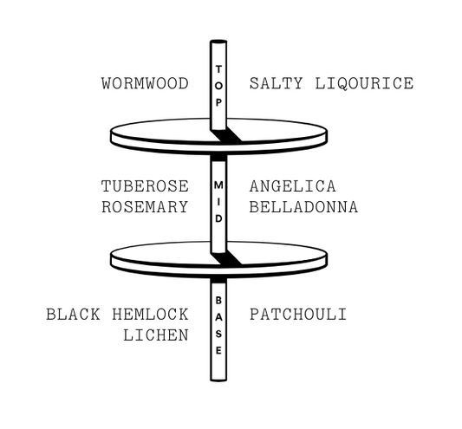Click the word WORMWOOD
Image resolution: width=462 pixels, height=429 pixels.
[x=145, y=83]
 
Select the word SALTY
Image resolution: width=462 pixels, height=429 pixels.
[x=277, y=83]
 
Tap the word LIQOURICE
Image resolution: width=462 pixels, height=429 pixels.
[x=364, y=84]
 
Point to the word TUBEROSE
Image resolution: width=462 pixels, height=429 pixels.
[x=145, y=186]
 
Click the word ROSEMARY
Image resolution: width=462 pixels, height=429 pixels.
[x=145, y=207]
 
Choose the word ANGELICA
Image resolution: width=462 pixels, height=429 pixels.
[x=293, y=186]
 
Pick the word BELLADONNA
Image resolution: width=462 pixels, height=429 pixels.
[x=303, y=207]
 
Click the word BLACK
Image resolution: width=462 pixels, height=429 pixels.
[x=73, y=314]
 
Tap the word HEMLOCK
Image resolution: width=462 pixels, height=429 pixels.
[x=150, y=314]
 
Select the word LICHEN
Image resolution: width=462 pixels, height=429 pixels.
[x=156, y=335]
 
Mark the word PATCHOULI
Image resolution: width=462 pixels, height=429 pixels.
[x=298, y=314]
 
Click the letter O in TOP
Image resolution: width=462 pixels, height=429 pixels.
[x=218, y=86]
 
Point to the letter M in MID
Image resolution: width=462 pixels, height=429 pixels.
[x=218, y=185]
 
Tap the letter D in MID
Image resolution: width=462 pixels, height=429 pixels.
[x=218, y=219]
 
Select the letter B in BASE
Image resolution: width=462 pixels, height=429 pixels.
[x=218, y=301]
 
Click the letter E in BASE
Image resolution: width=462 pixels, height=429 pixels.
[x=218, y=351]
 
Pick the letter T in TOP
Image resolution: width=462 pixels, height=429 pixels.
[x=218, y=69]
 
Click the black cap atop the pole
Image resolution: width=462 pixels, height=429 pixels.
[x=218, y=42]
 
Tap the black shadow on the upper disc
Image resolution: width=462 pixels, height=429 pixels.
[x=226, y=135]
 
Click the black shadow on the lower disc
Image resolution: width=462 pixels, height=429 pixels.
[x=226, y=258]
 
